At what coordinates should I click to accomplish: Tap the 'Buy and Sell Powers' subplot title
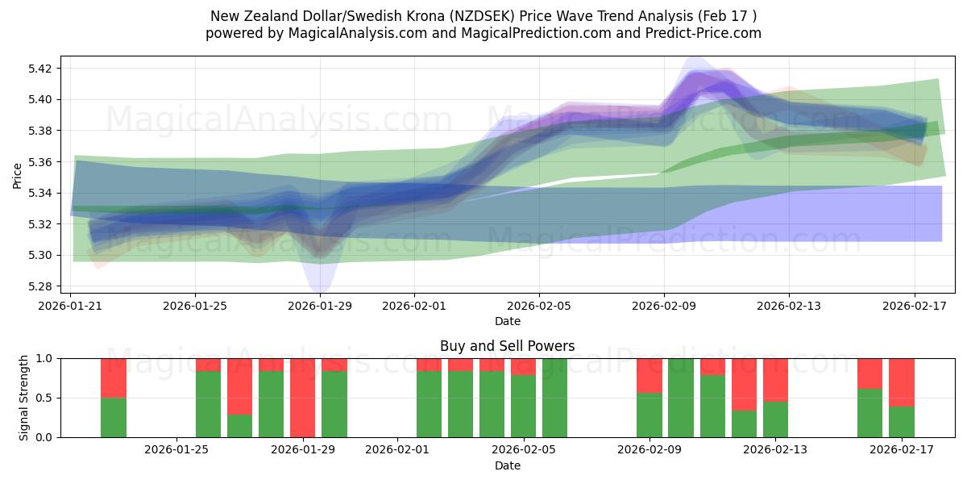point(507,346)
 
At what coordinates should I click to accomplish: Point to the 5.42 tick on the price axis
point(41,69)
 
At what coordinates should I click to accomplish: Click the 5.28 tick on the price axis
point(41,286)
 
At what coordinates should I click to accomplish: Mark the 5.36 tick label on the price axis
point(41,162)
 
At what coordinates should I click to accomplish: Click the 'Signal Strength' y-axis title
point(24,398)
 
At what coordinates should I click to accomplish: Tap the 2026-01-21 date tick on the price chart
point(71,306)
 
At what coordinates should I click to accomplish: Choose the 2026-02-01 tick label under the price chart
point(414,306)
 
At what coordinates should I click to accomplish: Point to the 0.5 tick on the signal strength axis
point(44,398)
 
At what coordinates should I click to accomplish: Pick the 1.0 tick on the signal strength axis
point(44,358)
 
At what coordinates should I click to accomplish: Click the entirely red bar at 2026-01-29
point(302,398)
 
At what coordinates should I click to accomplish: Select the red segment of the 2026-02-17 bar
point(902,382)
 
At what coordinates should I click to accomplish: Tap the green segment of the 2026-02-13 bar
point(775,419)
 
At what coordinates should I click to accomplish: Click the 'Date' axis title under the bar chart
point(507,465)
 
